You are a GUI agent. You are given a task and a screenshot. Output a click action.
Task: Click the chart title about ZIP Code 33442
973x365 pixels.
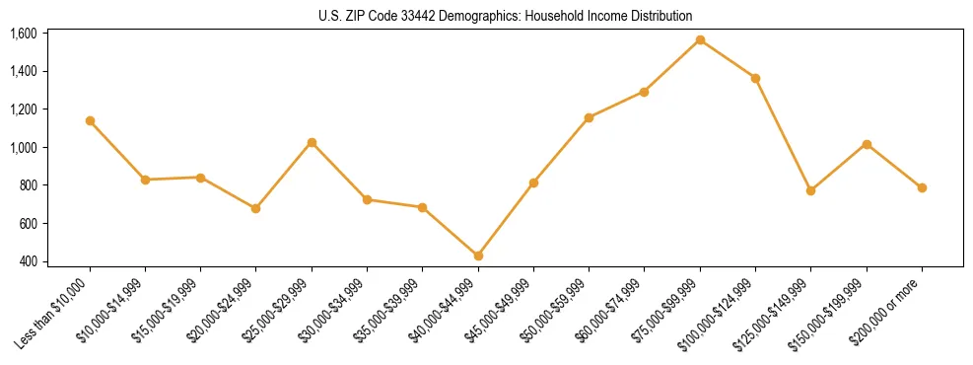[x=506, y=16]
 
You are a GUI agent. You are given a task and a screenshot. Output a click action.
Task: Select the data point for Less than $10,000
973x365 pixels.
[x=90, y=120]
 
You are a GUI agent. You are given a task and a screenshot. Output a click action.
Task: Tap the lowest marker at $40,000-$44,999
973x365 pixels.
[x=478, y=255]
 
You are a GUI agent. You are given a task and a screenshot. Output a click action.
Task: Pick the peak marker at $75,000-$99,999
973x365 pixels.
[x=700, y=39]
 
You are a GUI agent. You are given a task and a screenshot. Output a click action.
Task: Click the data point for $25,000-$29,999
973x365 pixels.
[x=312, y=142]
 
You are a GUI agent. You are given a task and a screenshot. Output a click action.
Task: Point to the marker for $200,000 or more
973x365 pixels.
[x=922, y=187]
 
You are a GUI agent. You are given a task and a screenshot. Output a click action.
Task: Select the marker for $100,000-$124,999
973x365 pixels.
[x=755, y=78]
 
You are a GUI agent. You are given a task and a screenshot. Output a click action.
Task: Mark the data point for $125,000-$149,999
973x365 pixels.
[x=810, y=190]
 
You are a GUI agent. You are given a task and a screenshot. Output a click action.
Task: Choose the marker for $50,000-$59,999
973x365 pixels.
[x=589, y=117]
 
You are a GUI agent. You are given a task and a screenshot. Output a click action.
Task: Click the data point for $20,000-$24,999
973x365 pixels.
[x=256, y=208]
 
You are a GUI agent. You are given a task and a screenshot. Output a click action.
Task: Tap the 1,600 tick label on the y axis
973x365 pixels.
[x=23, y=34]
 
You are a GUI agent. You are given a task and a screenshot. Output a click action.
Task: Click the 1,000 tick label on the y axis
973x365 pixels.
[x=23, y=147]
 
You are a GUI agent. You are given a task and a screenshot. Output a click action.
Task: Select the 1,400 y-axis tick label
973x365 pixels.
[x=23, y=71]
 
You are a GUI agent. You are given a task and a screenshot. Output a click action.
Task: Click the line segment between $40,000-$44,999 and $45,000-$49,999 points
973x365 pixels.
[x=506, y=219]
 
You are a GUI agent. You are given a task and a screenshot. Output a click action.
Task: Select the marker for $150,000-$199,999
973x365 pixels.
[x=867, y=144]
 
